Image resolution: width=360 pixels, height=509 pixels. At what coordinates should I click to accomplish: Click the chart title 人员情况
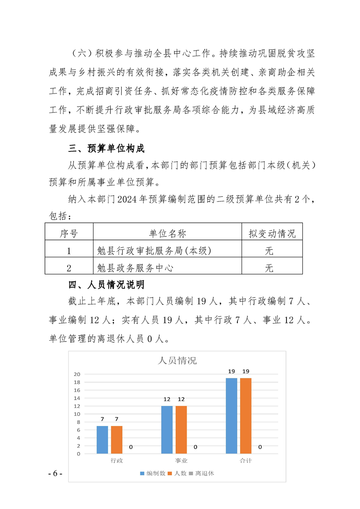point(177,361)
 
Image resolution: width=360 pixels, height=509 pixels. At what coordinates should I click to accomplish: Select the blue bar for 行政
point(102,440)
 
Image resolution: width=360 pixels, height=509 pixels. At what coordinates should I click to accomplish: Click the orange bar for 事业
point(181,430)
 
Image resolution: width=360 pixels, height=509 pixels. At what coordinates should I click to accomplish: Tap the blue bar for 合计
point(232,416)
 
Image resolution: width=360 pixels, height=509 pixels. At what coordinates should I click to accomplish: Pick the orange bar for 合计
point(246,416)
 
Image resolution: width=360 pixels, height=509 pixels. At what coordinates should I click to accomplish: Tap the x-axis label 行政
point(117,460)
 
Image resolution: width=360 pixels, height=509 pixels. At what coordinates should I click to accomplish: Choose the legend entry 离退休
point(204,474)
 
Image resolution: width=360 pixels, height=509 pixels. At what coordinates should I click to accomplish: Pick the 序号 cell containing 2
point(69,268)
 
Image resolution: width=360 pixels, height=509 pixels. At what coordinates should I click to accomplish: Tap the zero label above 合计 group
point(260,447)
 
